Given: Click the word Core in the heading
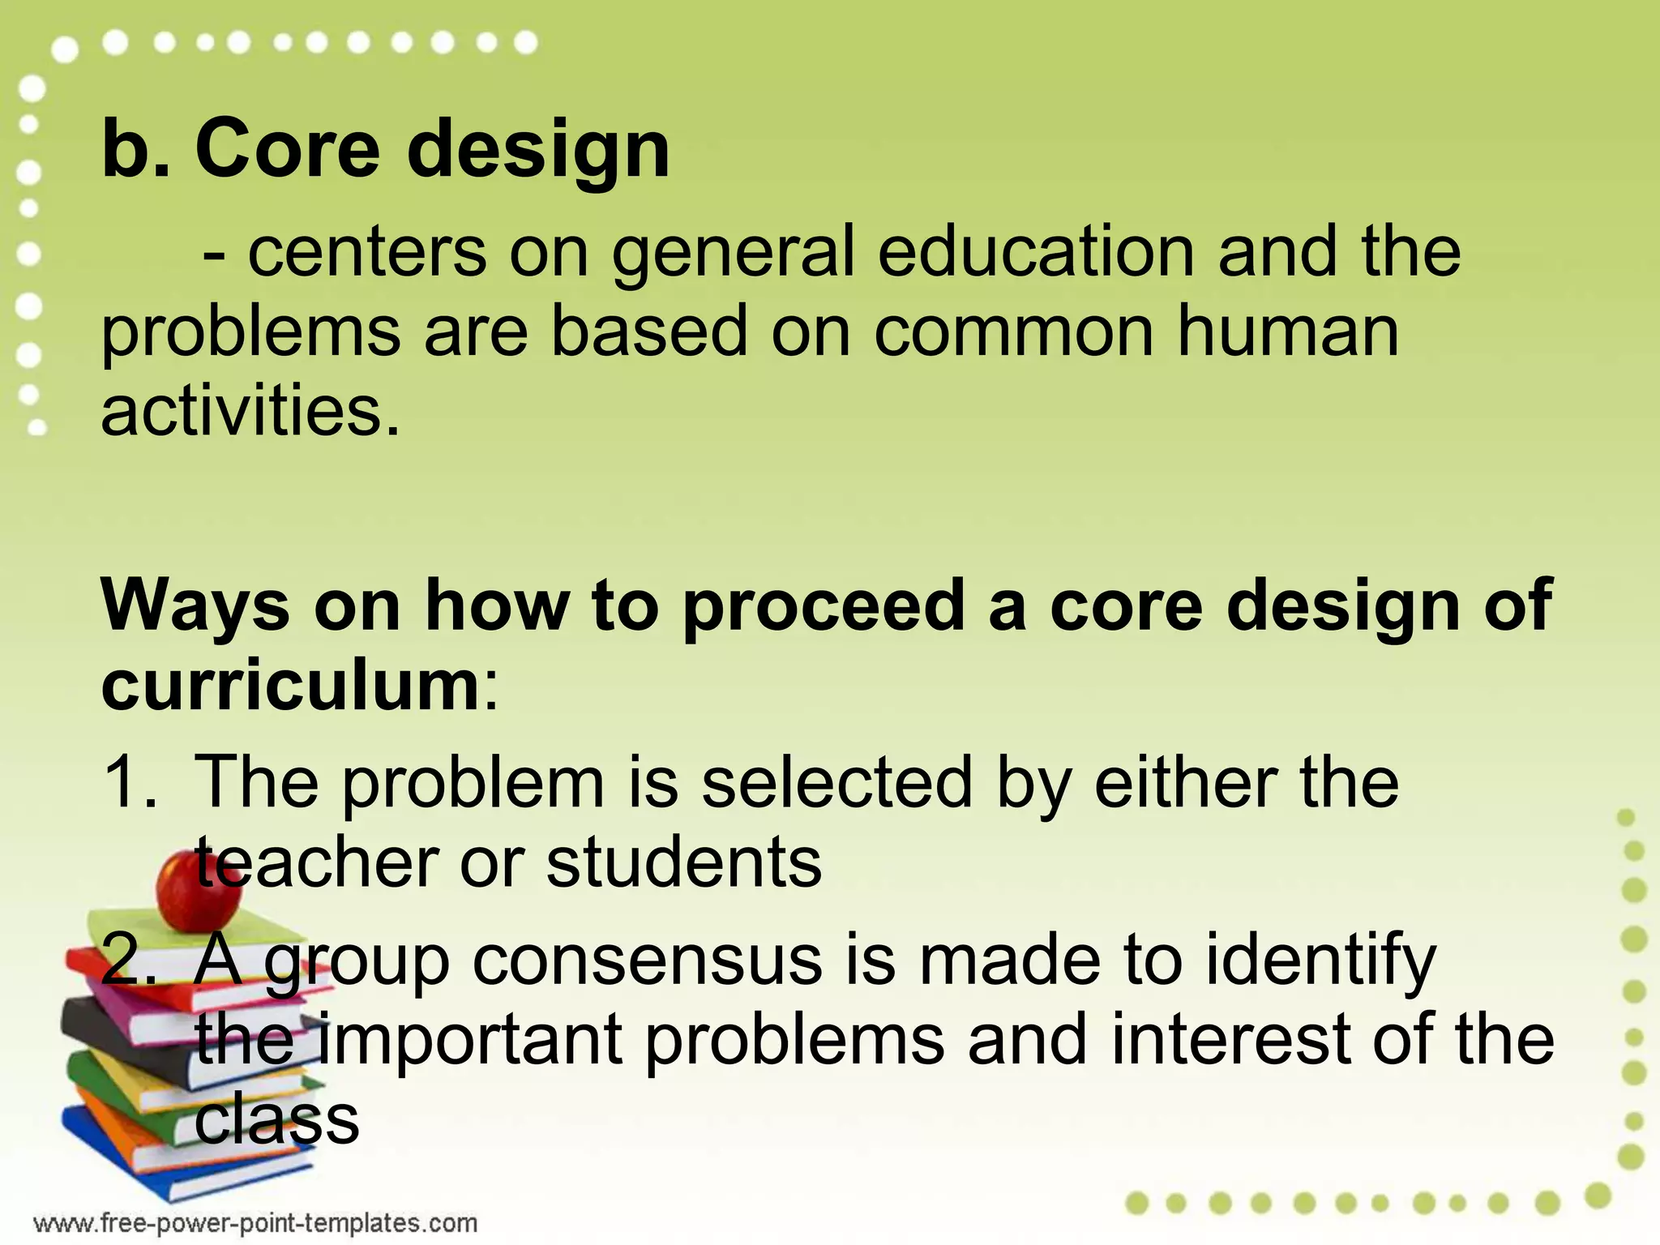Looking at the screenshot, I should (287, 149).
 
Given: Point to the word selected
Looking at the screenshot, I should (836, 783).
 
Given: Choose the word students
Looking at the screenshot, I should (684, 862).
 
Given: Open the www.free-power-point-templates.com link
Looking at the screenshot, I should (255, 1222).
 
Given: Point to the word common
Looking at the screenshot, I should (1013, 332).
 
